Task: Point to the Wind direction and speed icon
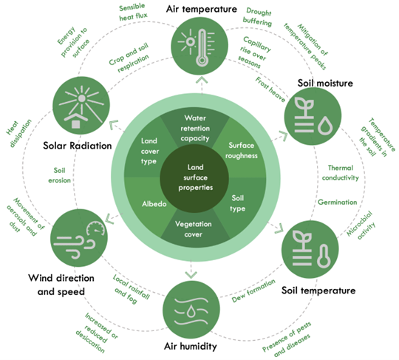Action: (78, 237)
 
